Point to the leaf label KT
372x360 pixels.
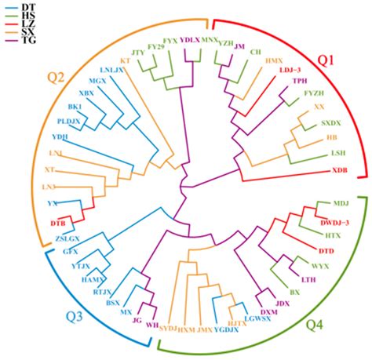pos(124,60)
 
